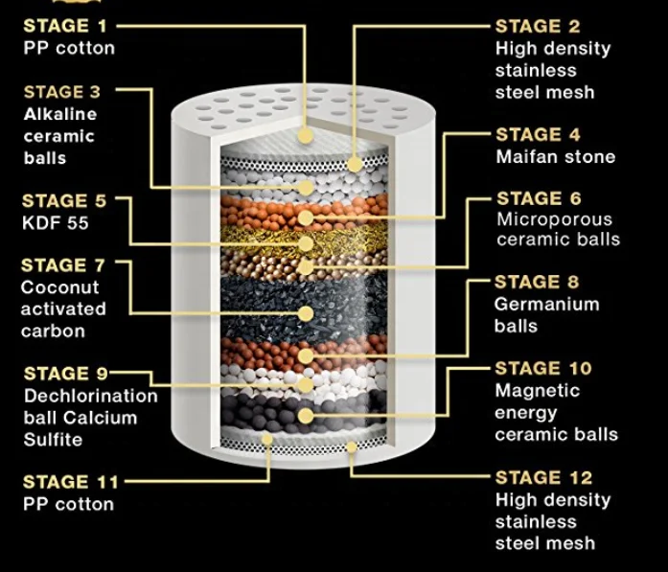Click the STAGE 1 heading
pos(65,26)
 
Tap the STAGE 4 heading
pos(538,134)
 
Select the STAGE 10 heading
pos(543,369)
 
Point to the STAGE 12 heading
pos(543,477)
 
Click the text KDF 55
pos(56,223)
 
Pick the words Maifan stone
pos(556,157)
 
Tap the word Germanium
pos(547,304)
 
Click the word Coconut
pos(59,287)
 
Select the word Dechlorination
pos(91,396)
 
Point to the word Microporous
pos(554,219)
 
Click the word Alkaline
pos(60,114)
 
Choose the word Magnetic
pos(538,391)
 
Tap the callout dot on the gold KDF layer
pos(306,243)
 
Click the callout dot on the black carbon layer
pos(306,314)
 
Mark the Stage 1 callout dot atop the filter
pos(306,136)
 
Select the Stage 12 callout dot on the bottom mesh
pos(352,447)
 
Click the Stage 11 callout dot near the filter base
pos(267,439)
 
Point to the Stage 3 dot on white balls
pos(306,188)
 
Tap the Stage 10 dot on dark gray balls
pos(306,416)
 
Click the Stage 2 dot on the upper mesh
pos(355,165)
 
